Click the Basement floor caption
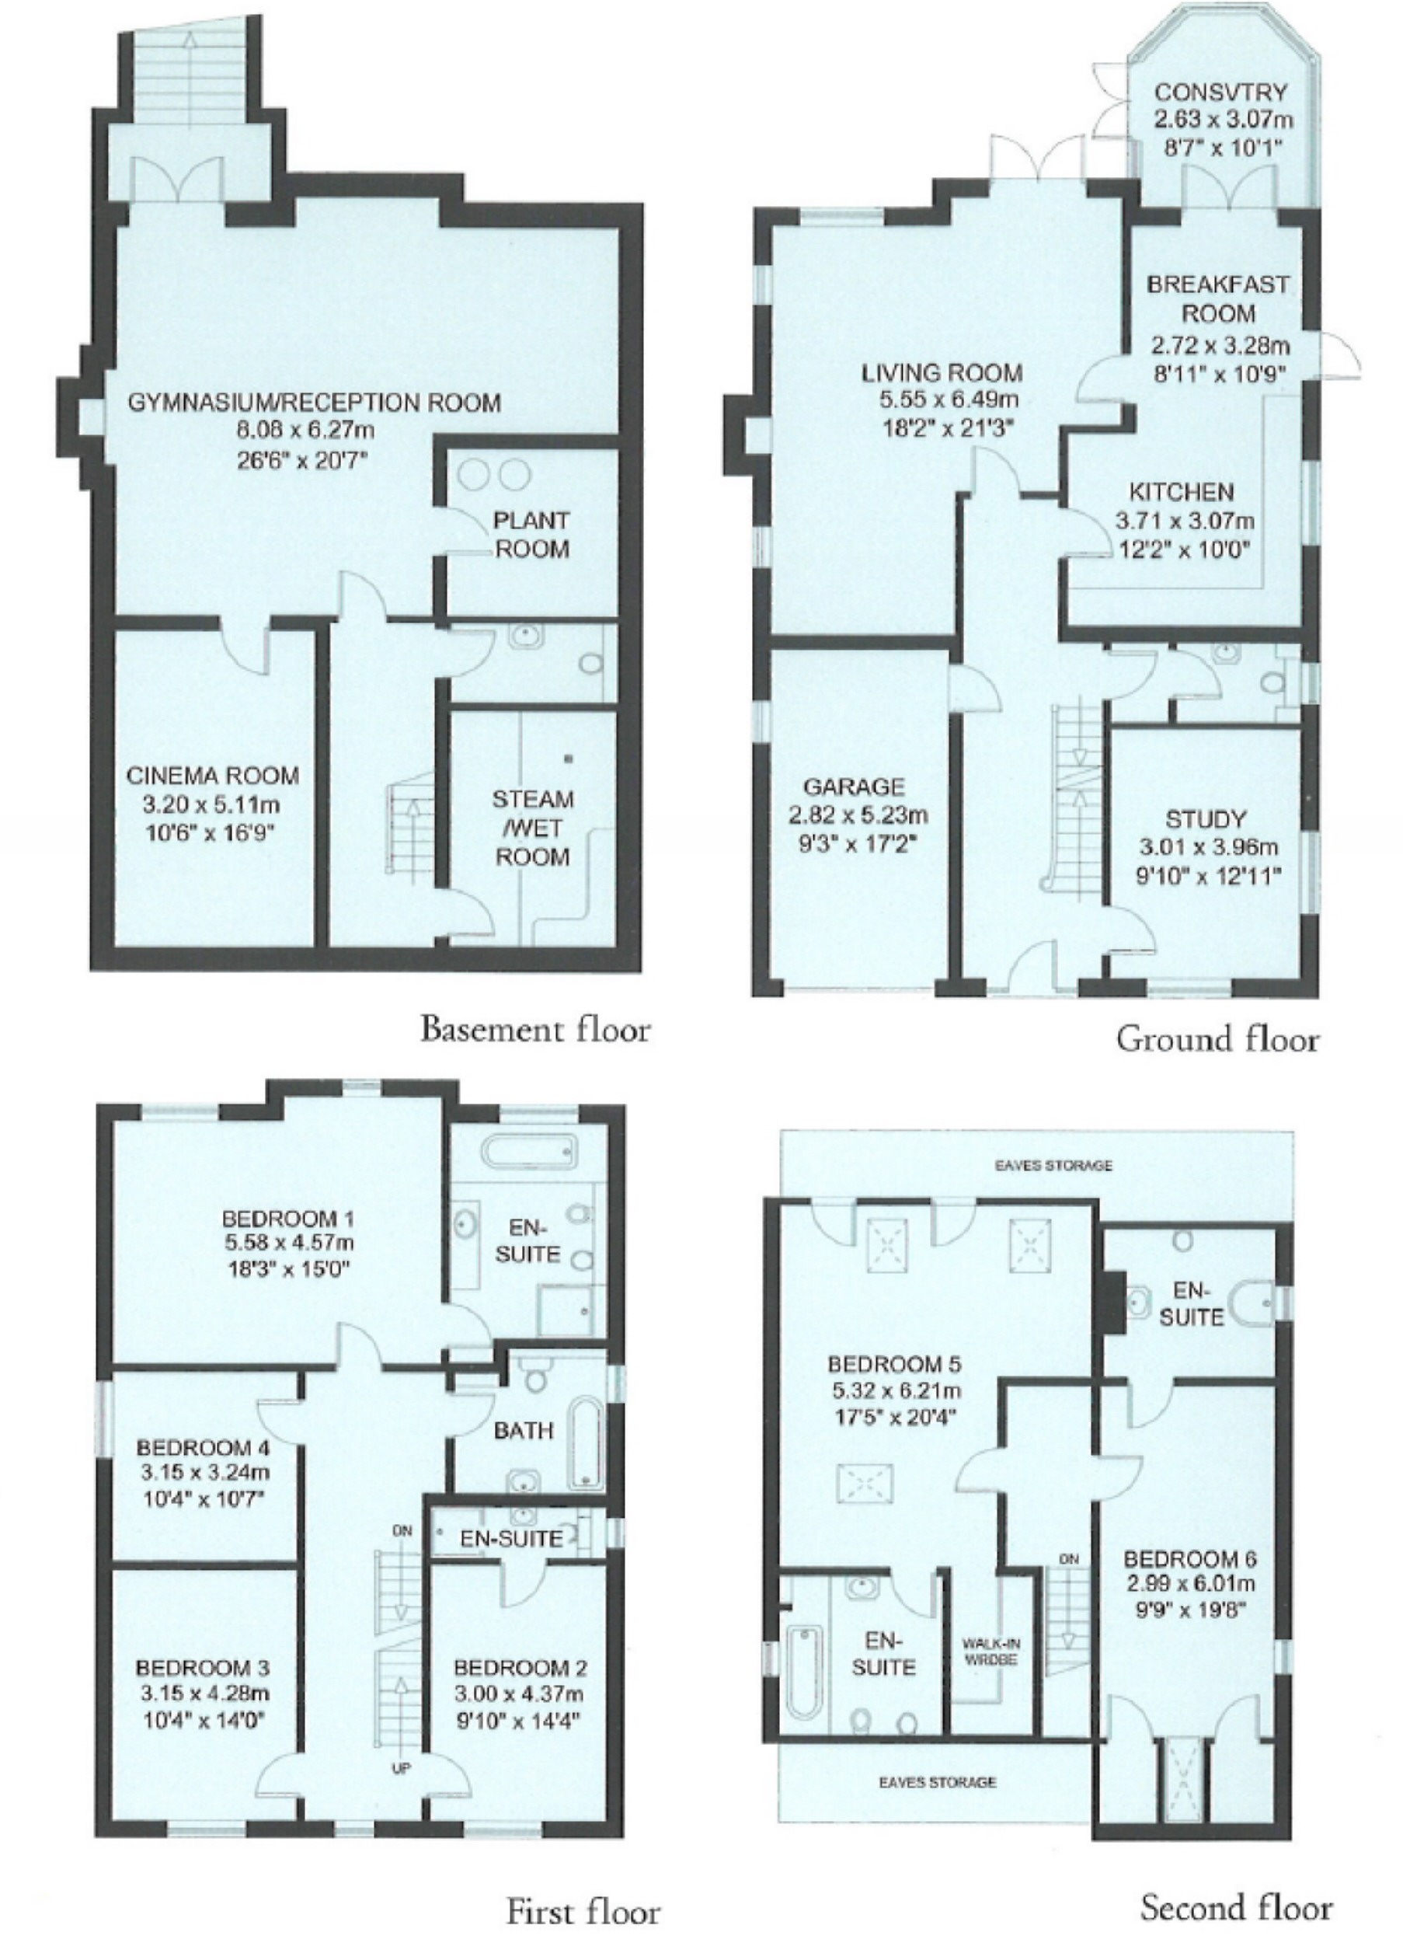coord(534,1029)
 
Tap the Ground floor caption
coord(1217,1039)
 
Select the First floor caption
coord(583,1911)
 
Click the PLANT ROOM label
coord(532,535)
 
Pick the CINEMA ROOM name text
coord(214,776)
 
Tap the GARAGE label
coord(853,787)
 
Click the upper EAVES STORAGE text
coord(1053,1165)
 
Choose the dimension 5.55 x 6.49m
coord(942,400)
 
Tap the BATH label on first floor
coord(524,1430)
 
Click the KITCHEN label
coord(1181,493)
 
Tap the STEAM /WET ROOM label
coord(533,828)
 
